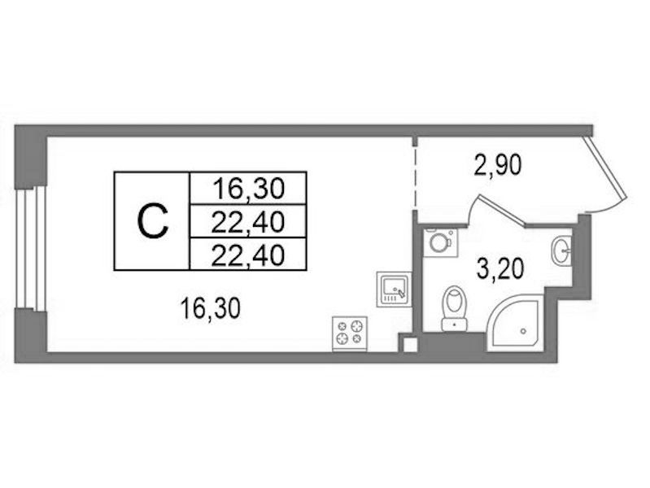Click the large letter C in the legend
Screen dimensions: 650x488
[153, 221]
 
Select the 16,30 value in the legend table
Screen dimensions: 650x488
[248, 189]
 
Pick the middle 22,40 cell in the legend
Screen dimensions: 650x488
[248, 222]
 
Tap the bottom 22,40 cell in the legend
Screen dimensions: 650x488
[248, 255]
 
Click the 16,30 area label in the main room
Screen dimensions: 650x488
[211, 309]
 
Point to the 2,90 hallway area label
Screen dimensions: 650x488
[497, 166]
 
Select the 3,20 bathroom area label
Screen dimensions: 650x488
[501, 268]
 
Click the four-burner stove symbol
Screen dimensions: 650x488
[350, 333]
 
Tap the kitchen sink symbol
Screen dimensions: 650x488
[394, 290]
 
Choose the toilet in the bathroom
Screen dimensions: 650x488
[455, 308]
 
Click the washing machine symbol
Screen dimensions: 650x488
[440, 242]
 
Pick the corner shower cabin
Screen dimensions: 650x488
[515, 323]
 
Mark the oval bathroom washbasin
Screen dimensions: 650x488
[561, 250]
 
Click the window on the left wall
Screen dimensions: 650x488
[32, 249]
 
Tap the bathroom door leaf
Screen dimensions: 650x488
[503, 210]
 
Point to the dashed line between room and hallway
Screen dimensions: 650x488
[415, 178]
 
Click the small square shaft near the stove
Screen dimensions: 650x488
[408, 345]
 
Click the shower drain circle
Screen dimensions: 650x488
[523, 331]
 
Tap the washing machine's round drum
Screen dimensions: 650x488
[438, 243]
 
